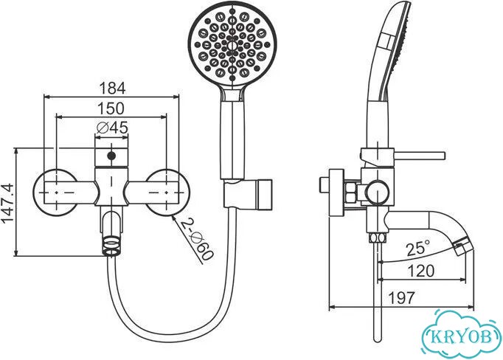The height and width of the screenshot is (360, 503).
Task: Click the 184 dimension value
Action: point(112,88)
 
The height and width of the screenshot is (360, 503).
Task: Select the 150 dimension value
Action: point(111,108)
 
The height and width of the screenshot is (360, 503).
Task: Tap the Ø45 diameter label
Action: point(113,128)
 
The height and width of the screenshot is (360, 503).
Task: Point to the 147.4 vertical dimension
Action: point(7,202)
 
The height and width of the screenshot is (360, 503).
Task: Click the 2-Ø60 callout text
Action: point(196,239)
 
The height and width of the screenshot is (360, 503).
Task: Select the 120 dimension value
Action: point(421,271)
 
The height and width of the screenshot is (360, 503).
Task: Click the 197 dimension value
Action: point(402,298)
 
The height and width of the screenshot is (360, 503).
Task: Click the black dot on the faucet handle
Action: point(111,156)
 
